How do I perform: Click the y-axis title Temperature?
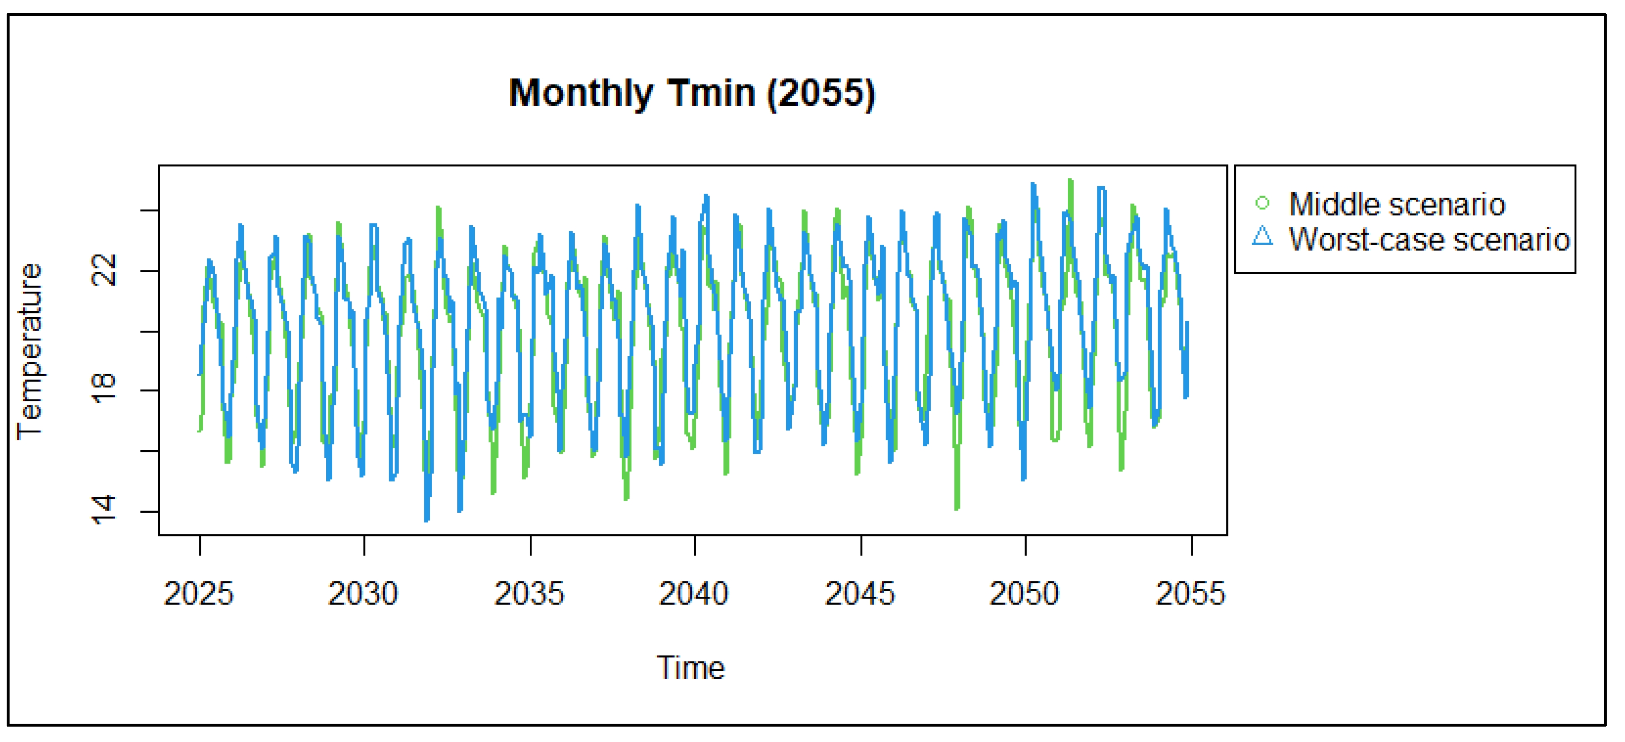click(30, 351)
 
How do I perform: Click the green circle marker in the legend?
click(1262, 203)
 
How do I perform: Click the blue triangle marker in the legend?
click(1262, 237)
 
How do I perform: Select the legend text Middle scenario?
click(1397, 204)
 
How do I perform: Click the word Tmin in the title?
click(712, 93)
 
